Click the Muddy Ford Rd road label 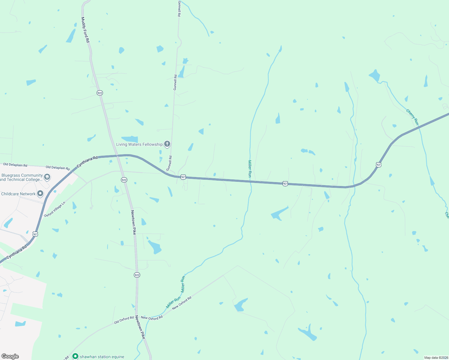click(85, 29)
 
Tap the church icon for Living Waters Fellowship click(167, 144)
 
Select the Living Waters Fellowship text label click(139, 144)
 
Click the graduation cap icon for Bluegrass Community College click(47, 177)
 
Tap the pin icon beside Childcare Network click(40, 194)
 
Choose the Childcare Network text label click(18, 194)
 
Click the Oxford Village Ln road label click(55, 209)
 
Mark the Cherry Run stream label click(412, 117)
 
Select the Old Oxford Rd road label click(124, 320)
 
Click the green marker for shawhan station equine click(75, 356)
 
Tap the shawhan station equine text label click(102, 357)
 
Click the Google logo click(10, 356)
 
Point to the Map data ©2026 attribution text click(436, 358)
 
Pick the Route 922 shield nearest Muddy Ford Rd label click(100, 93)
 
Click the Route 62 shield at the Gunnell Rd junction click(183, 177)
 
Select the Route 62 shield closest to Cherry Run click(378, 164)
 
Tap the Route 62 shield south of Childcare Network click(35, 234)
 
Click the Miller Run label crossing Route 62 click(250, 169)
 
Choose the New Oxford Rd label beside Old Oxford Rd click(152, 318)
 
